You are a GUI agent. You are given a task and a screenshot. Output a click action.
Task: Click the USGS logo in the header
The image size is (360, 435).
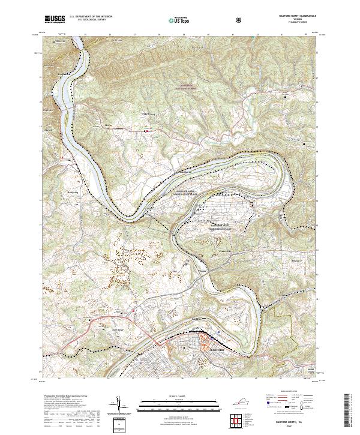pyautogui.click(x=55, y=19)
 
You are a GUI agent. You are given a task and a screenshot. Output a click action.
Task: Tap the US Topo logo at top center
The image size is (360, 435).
pyautogui.click(x=175, y=20)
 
